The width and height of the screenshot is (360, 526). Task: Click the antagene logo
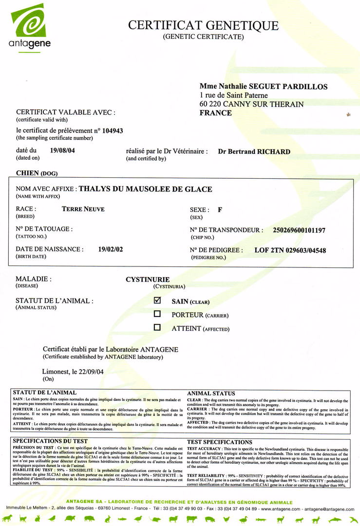[30, 27]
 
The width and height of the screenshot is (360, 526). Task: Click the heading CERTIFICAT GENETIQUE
[203, 25]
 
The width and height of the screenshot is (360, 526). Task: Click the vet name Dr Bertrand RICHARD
[254, 151]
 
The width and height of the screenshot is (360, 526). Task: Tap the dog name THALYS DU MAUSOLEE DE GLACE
[145, 189]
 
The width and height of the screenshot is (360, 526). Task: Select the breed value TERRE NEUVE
[83, 209]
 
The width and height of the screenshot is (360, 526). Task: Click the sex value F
[220, 210]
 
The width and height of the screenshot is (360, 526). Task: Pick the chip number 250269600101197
[299, 230]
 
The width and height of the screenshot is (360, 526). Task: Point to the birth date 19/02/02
[111, 249]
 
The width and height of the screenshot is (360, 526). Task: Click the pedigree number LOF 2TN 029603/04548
[290, 250]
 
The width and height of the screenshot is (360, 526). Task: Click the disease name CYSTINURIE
[148, 280]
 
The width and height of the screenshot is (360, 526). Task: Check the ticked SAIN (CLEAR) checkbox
[157, 301]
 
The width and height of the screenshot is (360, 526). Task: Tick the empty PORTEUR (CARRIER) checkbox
[157, 315]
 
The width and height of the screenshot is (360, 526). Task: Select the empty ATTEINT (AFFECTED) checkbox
[157, 328]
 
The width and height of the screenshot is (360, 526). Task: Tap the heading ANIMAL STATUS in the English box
[211, 393]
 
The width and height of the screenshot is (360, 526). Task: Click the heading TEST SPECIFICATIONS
[220, 442]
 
